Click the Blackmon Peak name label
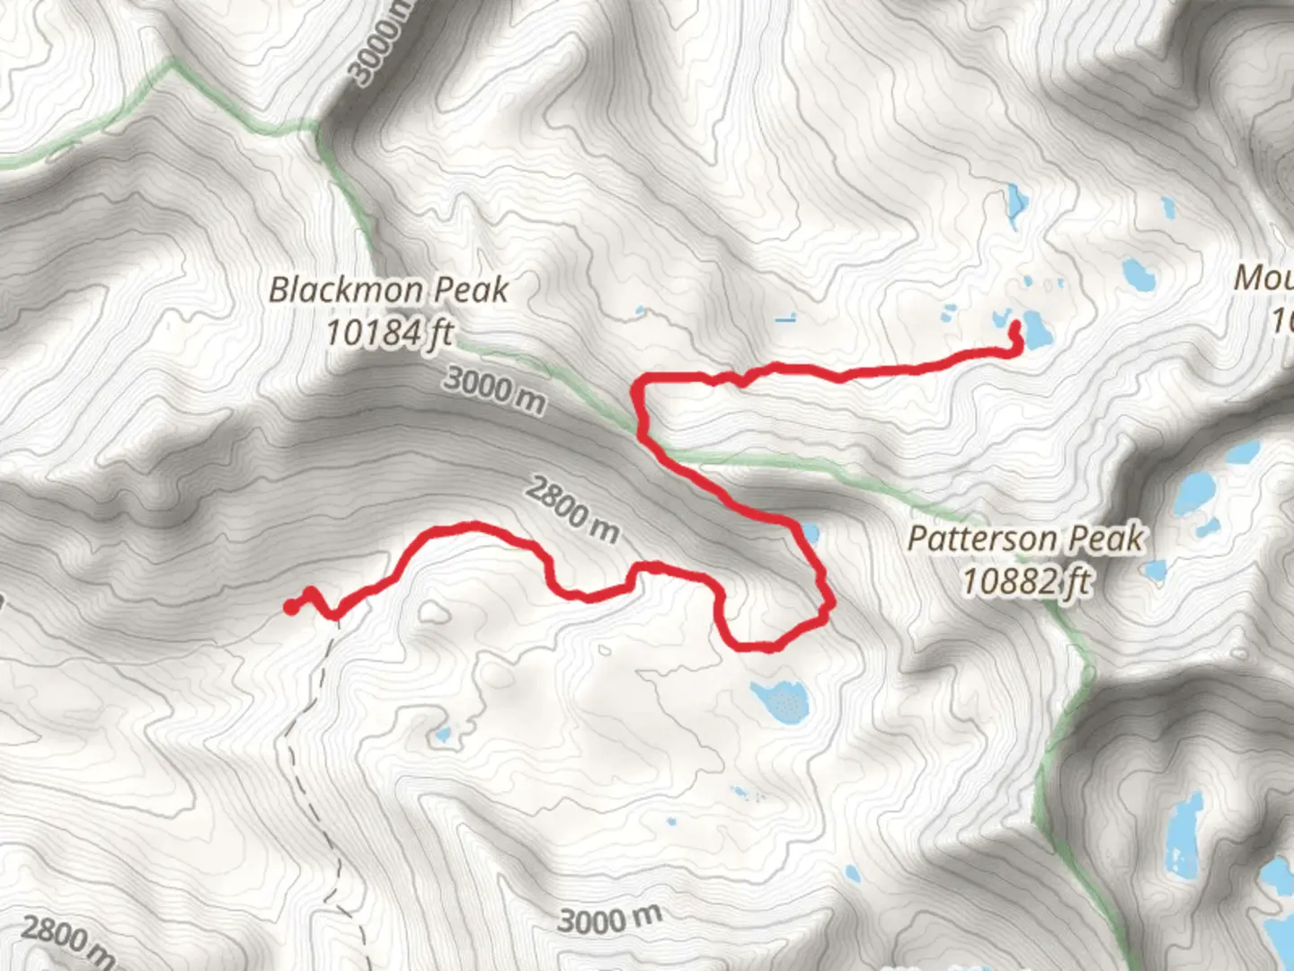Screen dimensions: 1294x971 coord(388,290)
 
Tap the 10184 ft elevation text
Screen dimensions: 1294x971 coord(388,333)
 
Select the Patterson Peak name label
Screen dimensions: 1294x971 coord(1025,539)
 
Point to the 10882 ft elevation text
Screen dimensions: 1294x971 coord(1025,581)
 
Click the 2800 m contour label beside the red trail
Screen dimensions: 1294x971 coord(572,511)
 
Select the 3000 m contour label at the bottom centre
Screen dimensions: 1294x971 coord(609,920)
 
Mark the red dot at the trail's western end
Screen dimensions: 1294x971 coord(290,607)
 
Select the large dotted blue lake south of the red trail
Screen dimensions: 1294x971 coord(781,700)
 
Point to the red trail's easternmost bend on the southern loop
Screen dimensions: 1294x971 coord(829,604)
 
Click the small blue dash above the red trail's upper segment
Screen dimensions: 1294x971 coord(785,317)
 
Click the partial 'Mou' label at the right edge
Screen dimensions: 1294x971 coord(1263,279)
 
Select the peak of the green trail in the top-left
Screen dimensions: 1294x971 coord(171,65)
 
